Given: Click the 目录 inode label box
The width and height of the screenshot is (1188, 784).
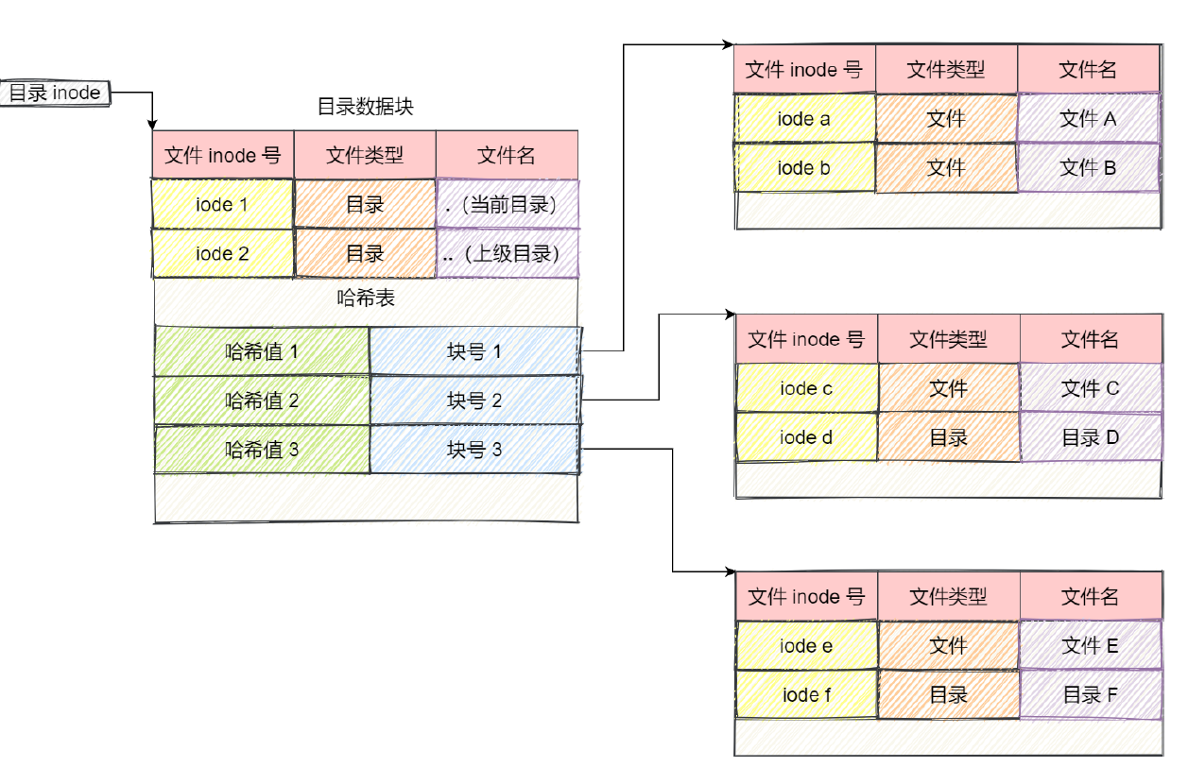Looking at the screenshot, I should pyautogui.click(x=56, y=93).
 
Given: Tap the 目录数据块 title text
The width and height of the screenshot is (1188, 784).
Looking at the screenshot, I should pyautogui.click(x=365, y=107).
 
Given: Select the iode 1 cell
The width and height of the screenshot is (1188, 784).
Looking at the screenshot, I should pyautogui.click(x=222, y=204).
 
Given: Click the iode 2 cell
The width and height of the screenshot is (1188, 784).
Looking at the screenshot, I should pyautogui.click(x=222, y=253).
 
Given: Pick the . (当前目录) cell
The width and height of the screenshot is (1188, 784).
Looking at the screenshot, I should pyautogui.click(x=508, y=204).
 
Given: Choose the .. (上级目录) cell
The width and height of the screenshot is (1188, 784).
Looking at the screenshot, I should pyautogui.click(x=508, y=253).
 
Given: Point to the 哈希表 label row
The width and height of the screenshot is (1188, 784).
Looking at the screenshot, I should pyautogui.click(x=366, y=299).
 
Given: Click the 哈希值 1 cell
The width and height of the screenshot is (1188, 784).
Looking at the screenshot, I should pyautogui.click(x=262, y=351).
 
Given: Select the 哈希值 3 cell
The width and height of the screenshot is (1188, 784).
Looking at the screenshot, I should pyautogui.click(x=262, y=450).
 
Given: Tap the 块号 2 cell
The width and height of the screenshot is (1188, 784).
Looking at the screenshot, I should pyautogui.click(x=474, y=401).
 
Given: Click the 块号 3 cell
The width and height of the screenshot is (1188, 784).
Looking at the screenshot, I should pyautogui.click(x=474, y=450).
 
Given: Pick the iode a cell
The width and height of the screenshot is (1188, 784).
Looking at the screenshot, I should pyautogui.click(x=804, y=118).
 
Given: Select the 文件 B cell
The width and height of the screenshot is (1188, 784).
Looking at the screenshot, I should pyautogui.click(x=1088, y=168).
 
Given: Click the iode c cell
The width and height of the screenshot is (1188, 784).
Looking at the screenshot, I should pyautogui.click(x=806, y=388).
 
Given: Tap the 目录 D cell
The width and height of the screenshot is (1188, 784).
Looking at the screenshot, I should pyautogui.click(x=1090, y=437).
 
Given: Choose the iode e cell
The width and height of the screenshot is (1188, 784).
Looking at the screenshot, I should pyautogui.click(x=806, y=646).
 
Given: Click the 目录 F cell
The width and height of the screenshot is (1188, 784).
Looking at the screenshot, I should pyautogui.click(x=1090, y=695).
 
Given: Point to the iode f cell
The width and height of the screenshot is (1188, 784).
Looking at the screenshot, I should pyautogui.click(x=806, y=695).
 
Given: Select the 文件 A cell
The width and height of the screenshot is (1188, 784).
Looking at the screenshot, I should pyautogui.click(x=1088, y=118).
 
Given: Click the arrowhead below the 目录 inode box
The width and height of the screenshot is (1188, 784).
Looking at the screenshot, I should pyautogui.click(x=152, y=125).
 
